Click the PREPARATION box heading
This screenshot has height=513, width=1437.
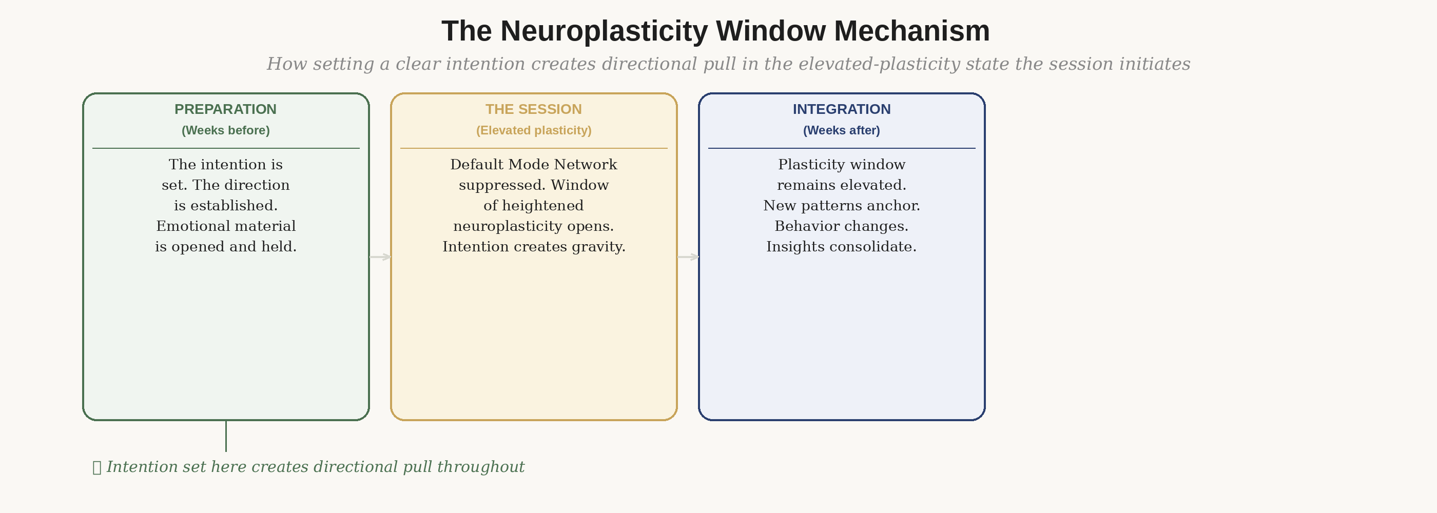click(x=225, y=109)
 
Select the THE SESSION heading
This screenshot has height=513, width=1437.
click(x=533, y=109)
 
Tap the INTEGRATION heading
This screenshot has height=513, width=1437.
click(x=841, y=109)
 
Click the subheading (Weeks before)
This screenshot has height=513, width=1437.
click(x=225, y=130)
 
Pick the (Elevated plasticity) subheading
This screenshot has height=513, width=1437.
click(x=533, y=130)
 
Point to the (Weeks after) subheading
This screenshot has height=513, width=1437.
click(x=841, y=130)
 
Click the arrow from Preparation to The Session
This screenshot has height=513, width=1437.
click(x=380, y=257)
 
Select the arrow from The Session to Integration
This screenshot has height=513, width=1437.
click(x=688, y=257)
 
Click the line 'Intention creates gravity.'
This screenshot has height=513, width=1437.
click(x=534, y=246)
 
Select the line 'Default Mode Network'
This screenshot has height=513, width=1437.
click(x=533, y=165)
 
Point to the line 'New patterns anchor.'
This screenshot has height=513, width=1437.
click(x=841, y=206)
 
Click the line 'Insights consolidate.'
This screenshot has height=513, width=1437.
click(x=841, y=246)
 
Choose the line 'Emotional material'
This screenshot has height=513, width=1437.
click(x=225, y=226)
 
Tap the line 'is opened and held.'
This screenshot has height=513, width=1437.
click(x=225, y=246)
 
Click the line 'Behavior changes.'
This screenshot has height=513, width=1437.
click(x=841, y=226)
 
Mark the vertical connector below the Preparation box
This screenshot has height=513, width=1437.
click(x=226, y=436)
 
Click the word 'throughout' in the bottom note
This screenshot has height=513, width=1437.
click(x=480, y=467)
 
